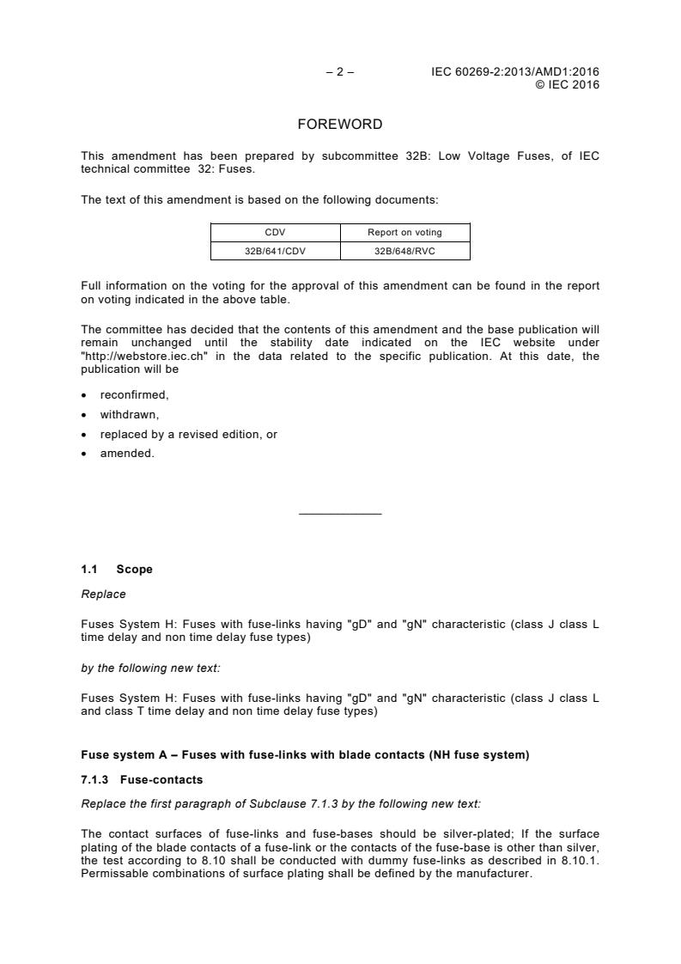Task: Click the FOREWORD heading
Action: tap(340, 125)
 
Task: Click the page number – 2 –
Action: tap(340, 72)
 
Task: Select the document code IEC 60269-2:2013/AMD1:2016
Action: tap(515, 72)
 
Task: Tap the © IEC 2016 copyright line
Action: tap(567, 84)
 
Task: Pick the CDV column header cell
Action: tap(276, 232)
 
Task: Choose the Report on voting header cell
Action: tap(405, 232)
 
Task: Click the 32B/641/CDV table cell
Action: tap(276, 250)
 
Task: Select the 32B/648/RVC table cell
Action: tap(405, 250)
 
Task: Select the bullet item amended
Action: tap(127, 453)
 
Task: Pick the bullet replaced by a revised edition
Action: tap(188, 435)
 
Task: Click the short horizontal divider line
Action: tap(340, 514)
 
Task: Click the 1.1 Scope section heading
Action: tap(117, 569)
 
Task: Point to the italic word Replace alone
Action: tap(103, 594)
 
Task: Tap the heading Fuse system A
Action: tap(305, 755)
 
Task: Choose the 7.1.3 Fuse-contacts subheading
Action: tap(130, 779)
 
